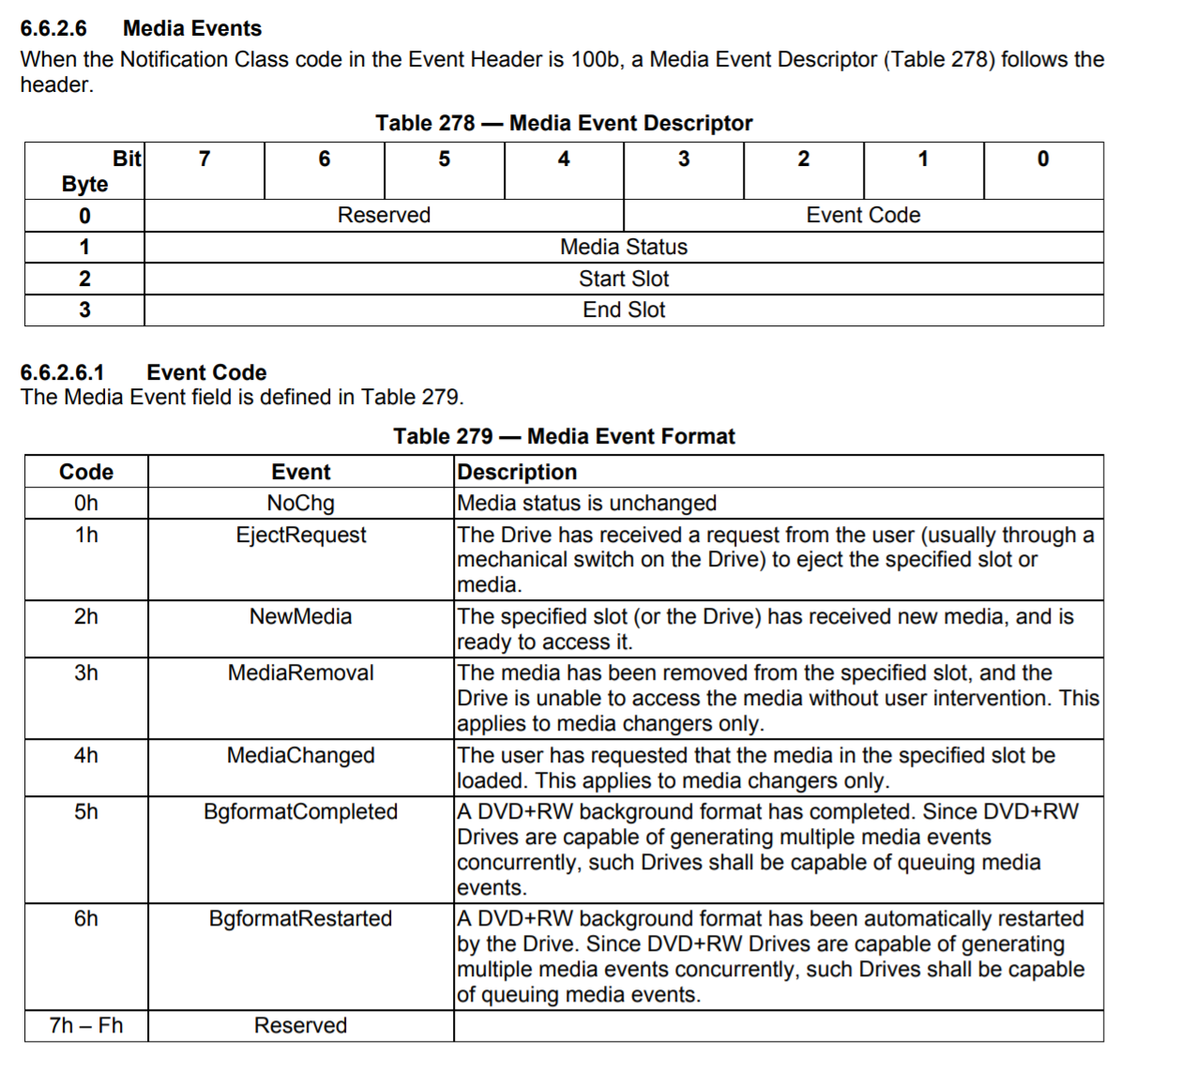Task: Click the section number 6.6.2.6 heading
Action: [x=53, y=28]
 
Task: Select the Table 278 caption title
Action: [x=564, y=123]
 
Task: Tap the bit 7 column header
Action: [x=204, y=159]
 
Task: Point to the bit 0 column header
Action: [x=1043, y=159]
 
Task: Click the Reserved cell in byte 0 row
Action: [x=384, y=215]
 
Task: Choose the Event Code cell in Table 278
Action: [x=863, y=215]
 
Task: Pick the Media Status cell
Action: [x=624, y=247]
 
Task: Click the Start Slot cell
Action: [x=624, y=279]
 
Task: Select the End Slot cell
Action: [x=624, y=309]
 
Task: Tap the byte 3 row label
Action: [x=84, y=309]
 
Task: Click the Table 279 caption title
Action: [x=564, y=436]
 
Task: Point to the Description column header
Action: [x=517, y=472]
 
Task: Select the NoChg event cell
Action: [x=300, y=503]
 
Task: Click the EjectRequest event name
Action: [x=300, y=535]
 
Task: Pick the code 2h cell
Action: [x=85, y=616]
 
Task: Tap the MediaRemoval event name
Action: [x=300, y=672]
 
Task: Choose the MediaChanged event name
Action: [x=300, y=755]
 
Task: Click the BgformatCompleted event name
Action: [x=300, y=811]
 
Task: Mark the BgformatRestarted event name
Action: [x=300, y=918]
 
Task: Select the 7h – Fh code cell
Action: [x=85, y=1025]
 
